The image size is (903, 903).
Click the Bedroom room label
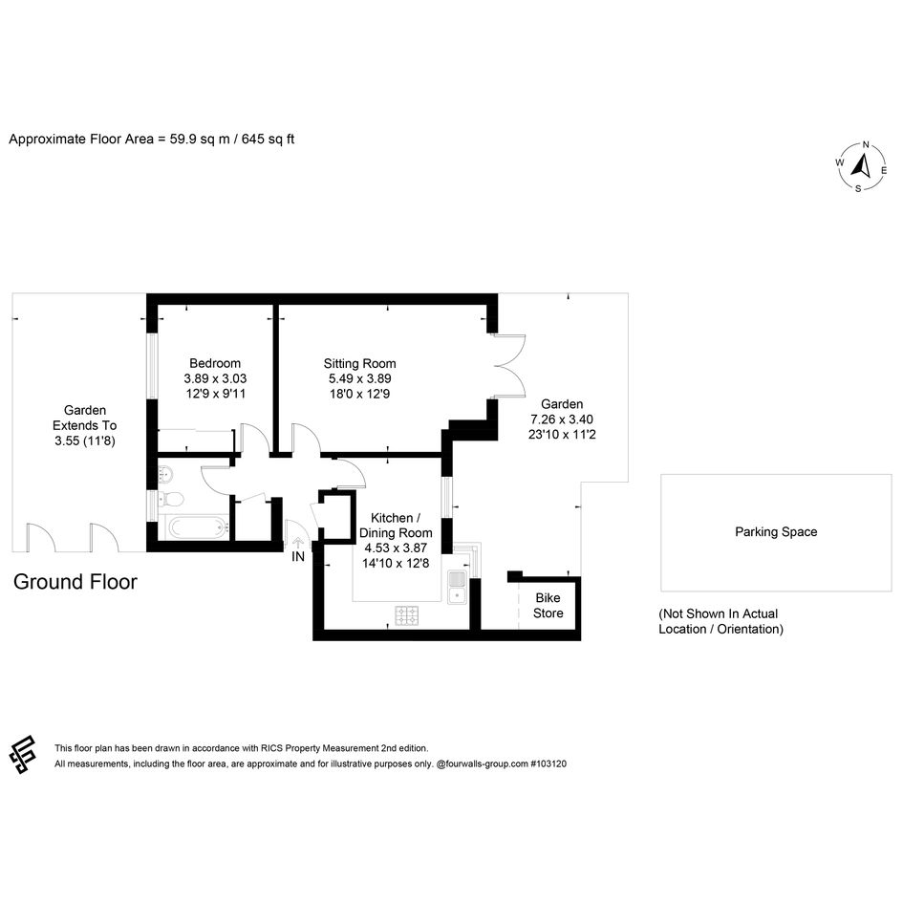215,363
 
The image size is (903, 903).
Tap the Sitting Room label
360,364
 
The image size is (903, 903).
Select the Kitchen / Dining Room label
396,526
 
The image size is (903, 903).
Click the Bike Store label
548,605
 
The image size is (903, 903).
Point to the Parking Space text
776,532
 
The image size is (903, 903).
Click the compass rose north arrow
862,166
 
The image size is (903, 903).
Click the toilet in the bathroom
171,499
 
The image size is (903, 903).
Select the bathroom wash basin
165,476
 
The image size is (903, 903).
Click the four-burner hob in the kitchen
406,615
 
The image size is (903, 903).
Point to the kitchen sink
457,587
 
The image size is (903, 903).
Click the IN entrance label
298,557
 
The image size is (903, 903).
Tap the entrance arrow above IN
298,543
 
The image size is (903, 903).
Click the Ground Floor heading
75,582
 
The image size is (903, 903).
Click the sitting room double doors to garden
510,366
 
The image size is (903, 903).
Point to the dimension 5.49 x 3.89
360,379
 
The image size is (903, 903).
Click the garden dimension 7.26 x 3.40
562,419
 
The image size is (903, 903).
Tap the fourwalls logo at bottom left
23,755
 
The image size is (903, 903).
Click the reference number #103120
548,764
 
